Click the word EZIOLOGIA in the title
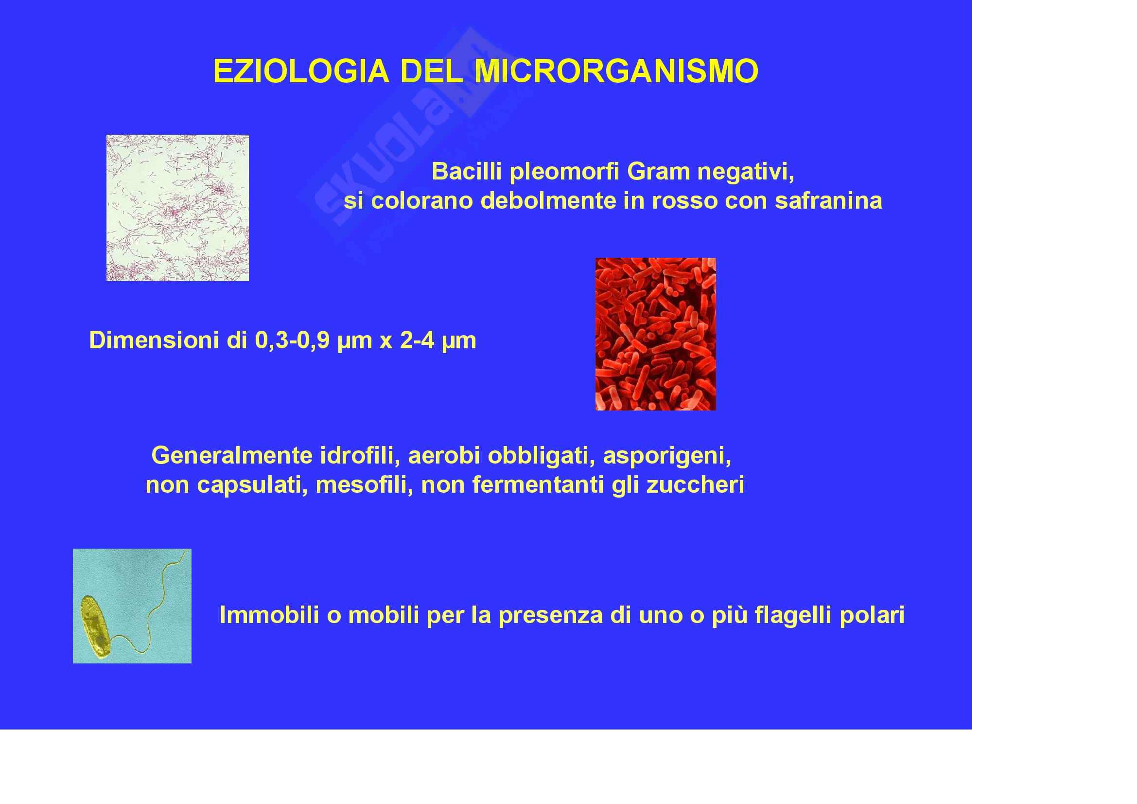point(301,71)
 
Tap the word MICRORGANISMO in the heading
point(616,71)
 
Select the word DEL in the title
point(431,71)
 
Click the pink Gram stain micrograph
point(177,208)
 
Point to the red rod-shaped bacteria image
point(655,334)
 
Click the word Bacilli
point(467,172)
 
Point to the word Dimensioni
point(154,340)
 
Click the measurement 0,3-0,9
point(292,341)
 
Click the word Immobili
point(269,615)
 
